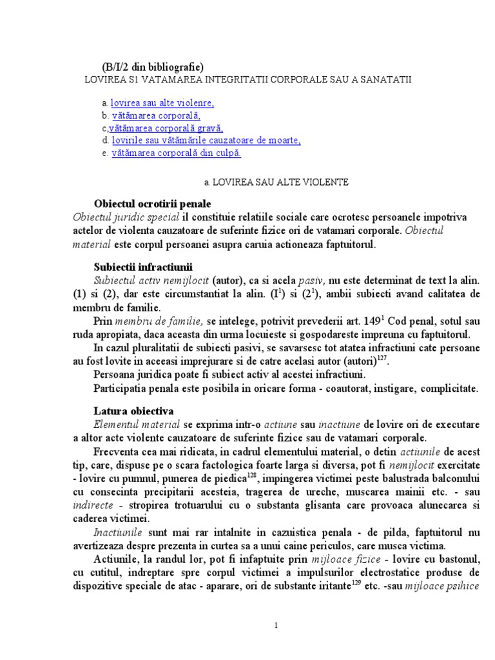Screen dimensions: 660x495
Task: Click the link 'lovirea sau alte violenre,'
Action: tap(162, 103)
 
